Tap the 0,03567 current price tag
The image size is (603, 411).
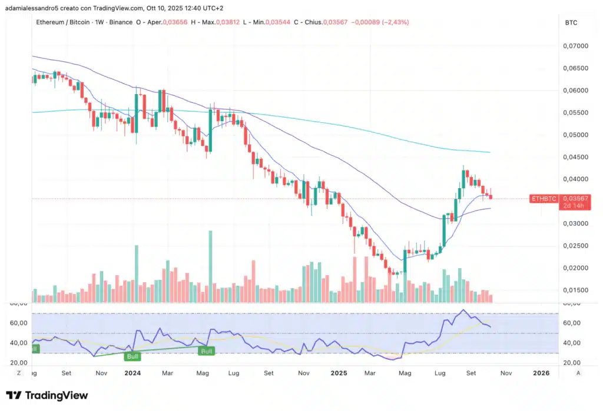tap(576, 198)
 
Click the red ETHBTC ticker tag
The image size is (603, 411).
tap(544, 199)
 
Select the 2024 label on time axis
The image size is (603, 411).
tap(132, 373)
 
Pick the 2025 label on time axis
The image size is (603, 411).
tap(339, 373)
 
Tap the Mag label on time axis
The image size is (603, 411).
tap(203, 373)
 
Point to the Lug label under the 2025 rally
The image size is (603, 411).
tap(439, 373)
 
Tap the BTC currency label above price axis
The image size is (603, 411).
tap(571, 22)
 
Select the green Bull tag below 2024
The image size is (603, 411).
tap(132, 356)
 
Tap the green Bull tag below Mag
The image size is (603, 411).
tap(206, 351)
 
